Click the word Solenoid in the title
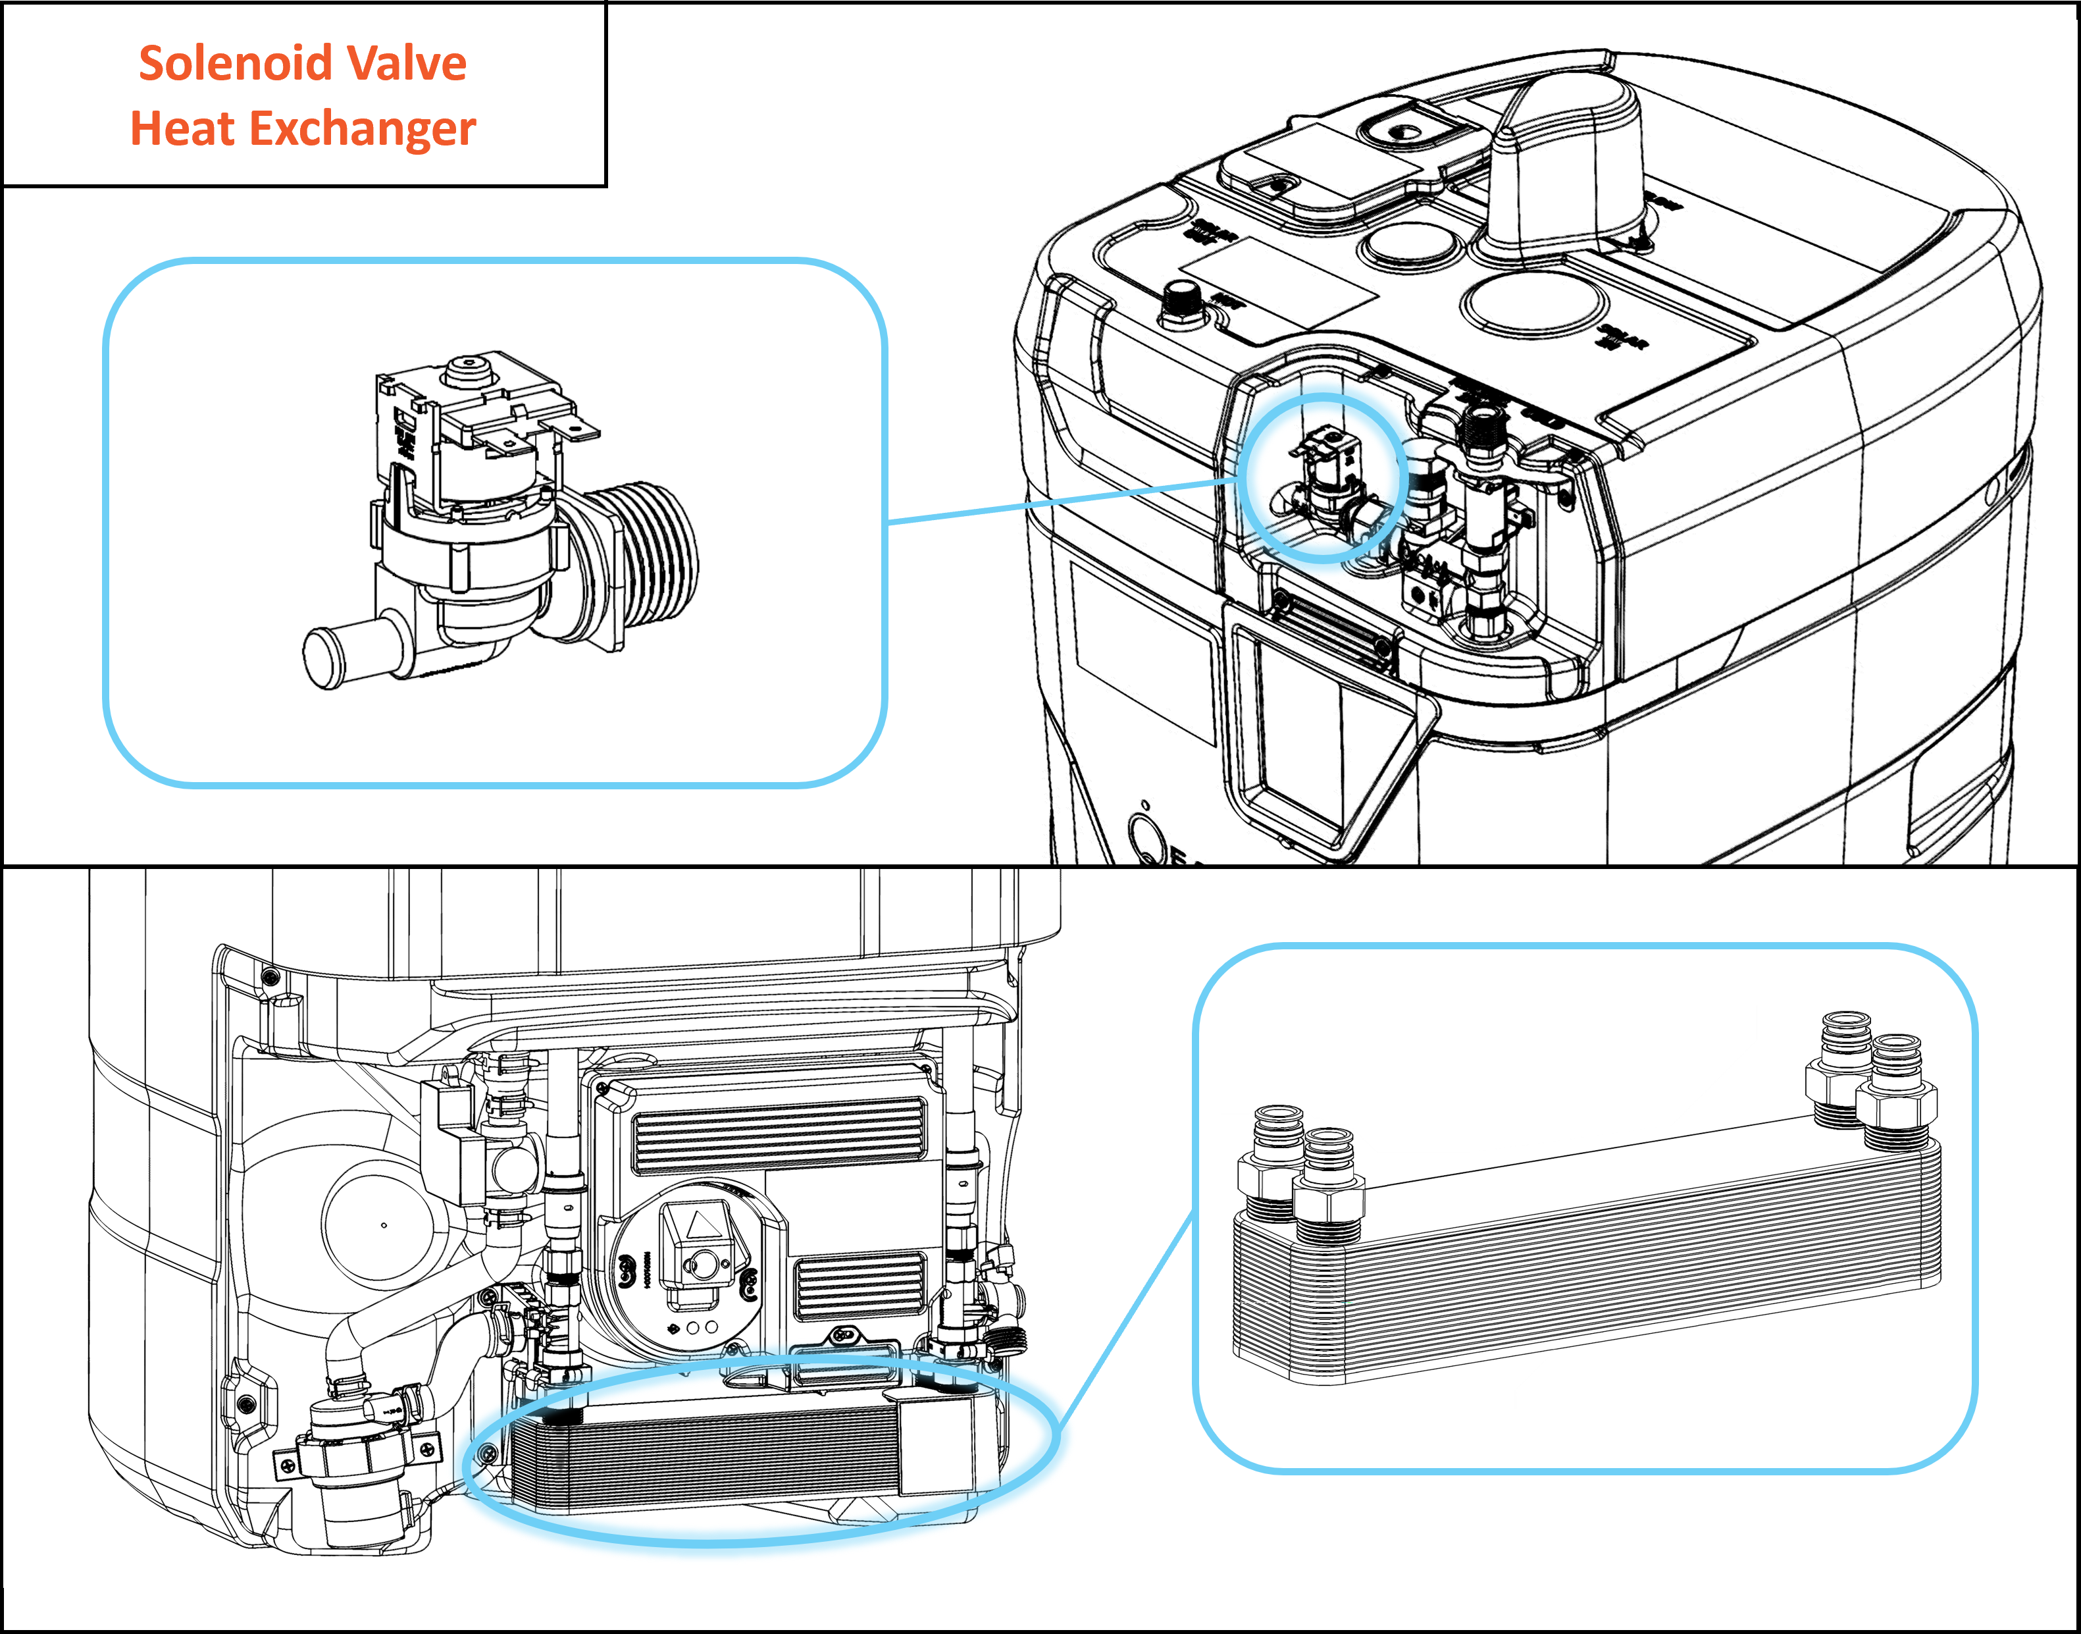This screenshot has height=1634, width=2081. point(234,63)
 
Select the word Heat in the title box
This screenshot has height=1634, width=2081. point(182,128)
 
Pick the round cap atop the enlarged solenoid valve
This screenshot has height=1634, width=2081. point(469,370)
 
